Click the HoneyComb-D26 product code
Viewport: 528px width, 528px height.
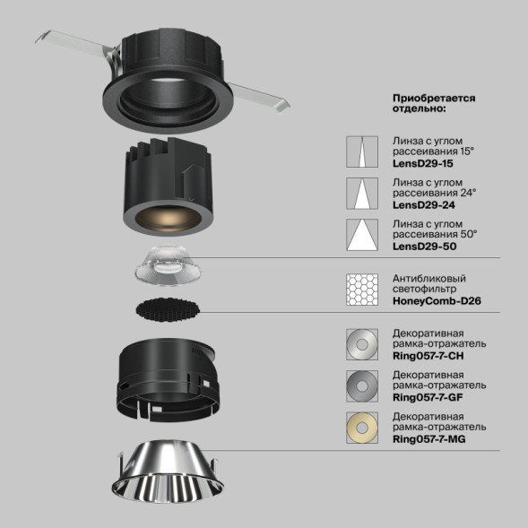(x=437, y=301)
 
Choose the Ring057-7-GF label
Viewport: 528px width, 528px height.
(x=429, y=396)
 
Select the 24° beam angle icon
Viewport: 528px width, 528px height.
(x=363, y=193)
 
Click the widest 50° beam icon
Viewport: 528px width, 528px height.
(x=363, y=233)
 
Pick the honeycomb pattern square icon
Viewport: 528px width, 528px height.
(x=363, y=290)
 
